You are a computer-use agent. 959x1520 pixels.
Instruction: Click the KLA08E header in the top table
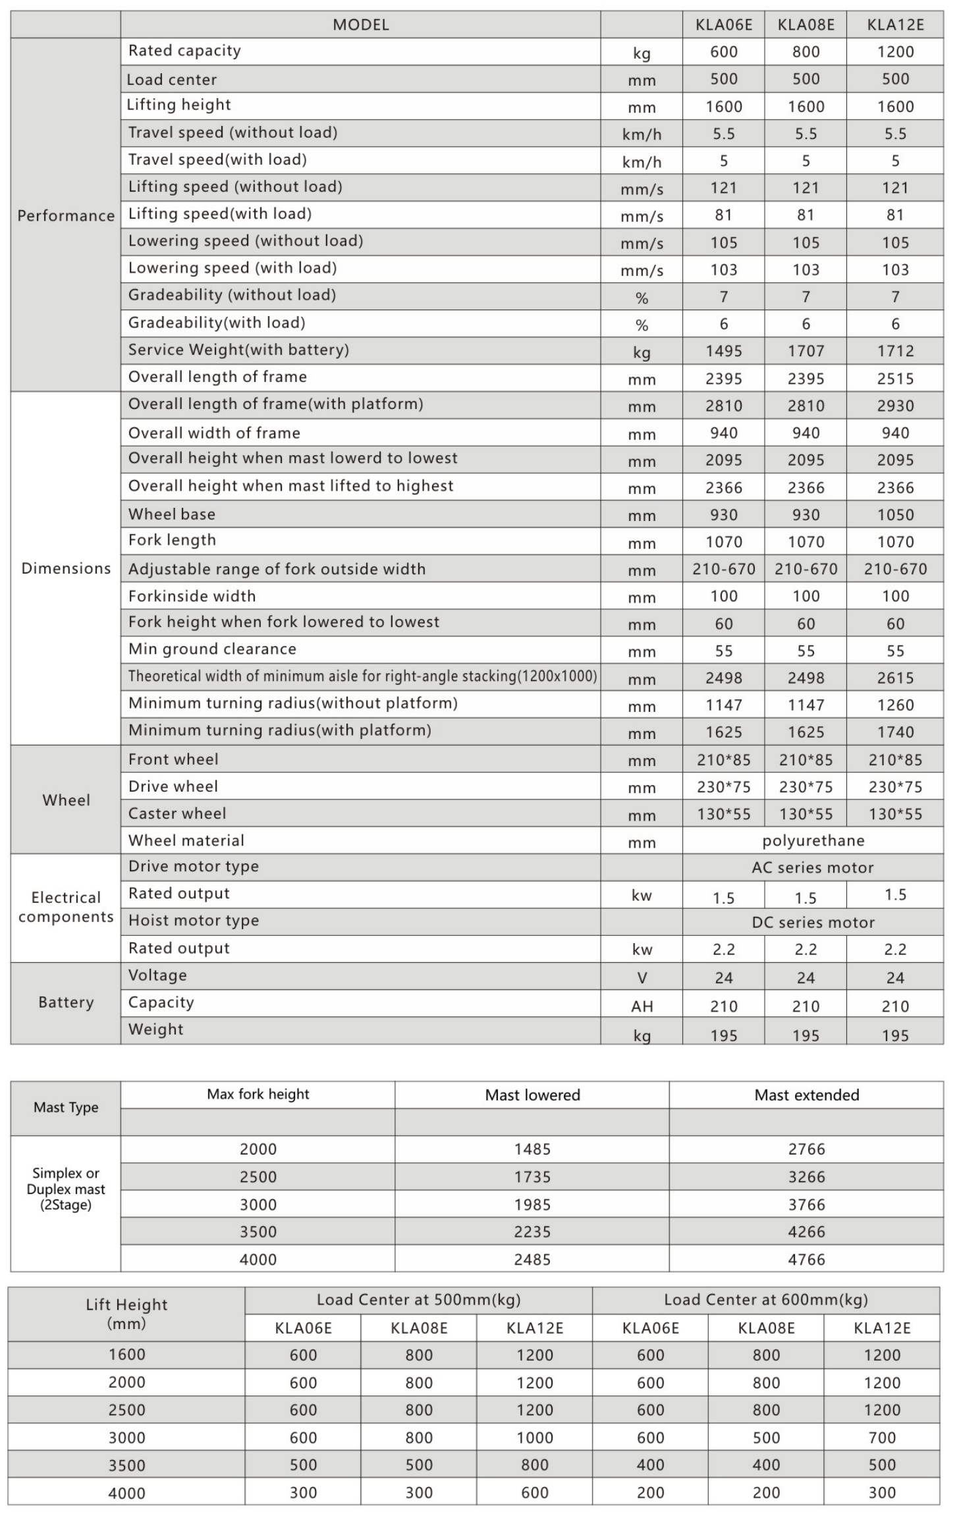tap(806, 25)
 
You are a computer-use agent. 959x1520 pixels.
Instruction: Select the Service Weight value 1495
tap(723, 351)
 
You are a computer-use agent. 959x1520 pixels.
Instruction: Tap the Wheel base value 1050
tap(895, 515)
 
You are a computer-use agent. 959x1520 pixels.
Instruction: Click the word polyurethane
tap(813, 840)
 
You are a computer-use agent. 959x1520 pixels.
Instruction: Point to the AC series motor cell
tap(813, 867)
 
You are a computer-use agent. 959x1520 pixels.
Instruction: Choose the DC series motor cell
tap(813, 922)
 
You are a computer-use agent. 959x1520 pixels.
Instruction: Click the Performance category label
tap(66, 216)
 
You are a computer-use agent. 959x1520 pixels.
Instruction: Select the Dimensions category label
tap(66, 568)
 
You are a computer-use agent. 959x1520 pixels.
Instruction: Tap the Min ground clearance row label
tap(212, 649)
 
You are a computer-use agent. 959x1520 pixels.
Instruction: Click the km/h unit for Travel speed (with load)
tap(642, 162)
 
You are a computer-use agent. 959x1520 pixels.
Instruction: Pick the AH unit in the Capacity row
tap(642, 1006)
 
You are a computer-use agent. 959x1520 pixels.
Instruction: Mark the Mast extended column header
tap(806, 1095)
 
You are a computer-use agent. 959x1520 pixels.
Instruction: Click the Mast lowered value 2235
tap(532, 1232)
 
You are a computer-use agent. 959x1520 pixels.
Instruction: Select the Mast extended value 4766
tap(806, 1259)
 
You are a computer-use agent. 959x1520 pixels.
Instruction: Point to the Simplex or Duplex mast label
tap(66, 1189)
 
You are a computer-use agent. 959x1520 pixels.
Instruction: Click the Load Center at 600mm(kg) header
tap(765, 1299)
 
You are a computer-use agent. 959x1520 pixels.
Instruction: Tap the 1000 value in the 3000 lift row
tap(534, 1438)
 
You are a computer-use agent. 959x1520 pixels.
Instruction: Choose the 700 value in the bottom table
tap(881, 1438)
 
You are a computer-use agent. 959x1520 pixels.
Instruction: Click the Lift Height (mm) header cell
tap(126, 1314)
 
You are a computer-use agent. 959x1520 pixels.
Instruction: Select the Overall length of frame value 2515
tap(895, 379)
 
